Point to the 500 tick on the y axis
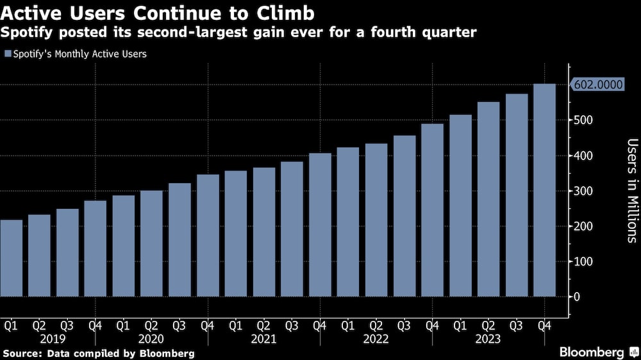point(582,120)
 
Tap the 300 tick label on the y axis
point(582,191)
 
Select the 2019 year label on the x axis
point(53,338)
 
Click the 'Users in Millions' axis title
point(631,190)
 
